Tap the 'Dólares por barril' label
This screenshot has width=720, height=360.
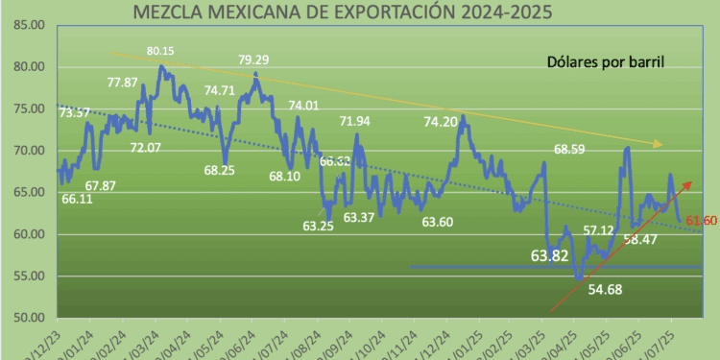tap(601, 62)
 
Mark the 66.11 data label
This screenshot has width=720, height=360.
tap(78, 199)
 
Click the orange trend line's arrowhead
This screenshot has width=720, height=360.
tap(659, 144)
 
